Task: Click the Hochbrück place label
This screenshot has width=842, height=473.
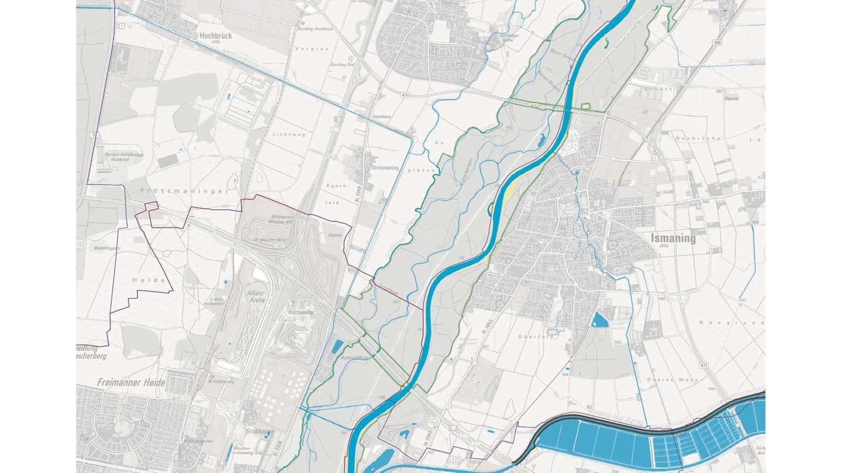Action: click(216, 36)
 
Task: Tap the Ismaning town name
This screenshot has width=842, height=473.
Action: click(674, 238)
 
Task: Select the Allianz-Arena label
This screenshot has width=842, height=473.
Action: click(256, 296)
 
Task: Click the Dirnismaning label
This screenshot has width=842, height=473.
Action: click(385, 168)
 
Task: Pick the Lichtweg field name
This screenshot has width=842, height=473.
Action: click(289, 134)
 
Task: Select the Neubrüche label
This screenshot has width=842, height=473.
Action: click(692, 139)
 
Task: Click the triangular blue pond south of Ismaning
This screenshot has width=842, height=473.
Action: click(599, 320)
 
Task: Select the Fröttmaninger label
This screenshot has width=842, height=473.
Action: click(185, 191)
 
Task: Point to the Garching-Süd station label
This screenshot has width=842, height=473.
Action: click(343, 64)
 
